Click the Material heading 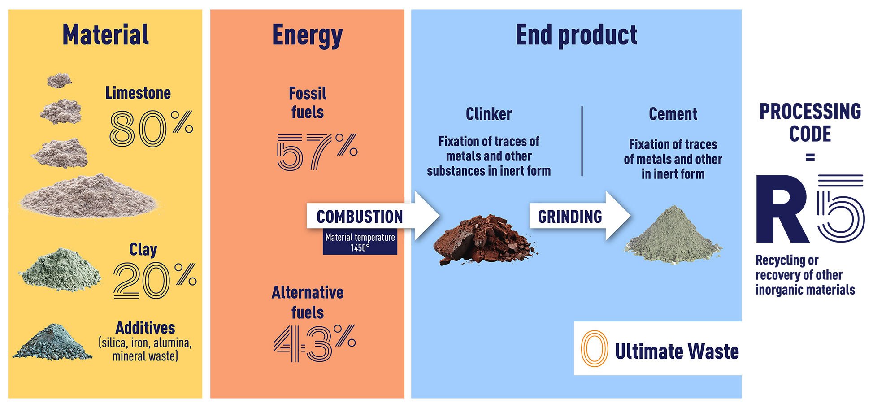[105, 35]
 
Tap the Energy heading [307, 36]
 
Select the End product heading [576, 35]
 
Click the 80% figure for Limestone [151, 129]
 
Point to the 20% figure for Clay [155, 281]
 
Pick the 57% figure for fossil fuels [317, 152]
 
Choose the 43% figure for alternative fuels [314, 343]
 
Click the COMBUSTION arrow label [360, 217]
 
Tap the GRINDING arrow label [570, 217]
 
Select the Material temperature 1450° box [360, 242]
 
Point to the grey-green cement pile [673, 234]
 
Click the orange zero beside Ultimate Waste [594, 349]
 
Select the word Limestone [138, 93]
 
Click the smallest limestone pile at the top [59, 80]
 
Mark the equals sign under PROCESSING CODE [810, 158]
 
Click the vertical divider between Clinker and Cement [582, 141]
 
